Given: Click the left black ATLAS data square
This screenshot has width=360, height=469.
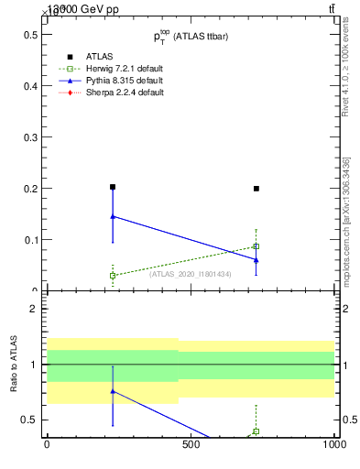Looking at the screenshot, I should click(113, 187).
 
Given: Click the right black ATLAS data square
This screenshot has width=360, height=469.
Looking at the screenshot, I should click(256, 189).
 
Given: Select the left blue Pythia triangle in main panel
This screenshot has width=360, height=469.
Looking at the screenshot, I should click(113, 216).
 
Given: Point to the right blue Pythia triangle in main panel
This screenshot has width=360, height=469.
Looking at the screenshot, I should click(256, 259).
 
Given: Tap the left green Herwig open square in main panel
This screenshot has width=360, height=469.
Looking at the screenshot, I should click(113, 275).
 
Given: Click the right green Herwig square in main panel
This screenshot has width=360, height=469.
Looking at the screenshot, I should click(256, 246).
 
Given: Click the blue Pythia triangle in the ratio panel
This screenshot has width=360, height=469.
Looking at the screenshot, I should click(113, 391).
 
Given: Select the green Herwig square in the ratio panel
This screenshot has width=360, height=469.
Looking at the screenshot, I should click(256, 431).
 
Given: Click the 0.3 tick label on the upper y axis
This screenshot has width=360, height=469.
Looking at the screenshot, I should click(28, 137).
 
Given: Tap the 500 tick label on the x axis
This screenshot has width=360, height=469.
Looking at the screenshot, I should click(191, 444).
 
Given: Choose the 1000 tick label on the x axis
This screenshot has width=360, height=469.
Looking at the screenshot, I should click(333, 444).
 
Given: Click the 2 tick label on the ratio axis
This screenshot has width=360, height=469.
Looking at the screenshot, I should click(33, 309).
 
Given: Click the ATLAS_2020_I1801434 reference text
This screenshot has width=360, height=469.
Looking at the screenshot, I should click(191, 274).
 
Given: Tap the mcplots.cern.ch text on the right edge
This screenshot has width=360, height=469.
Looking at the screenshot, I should click(352, 233).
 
